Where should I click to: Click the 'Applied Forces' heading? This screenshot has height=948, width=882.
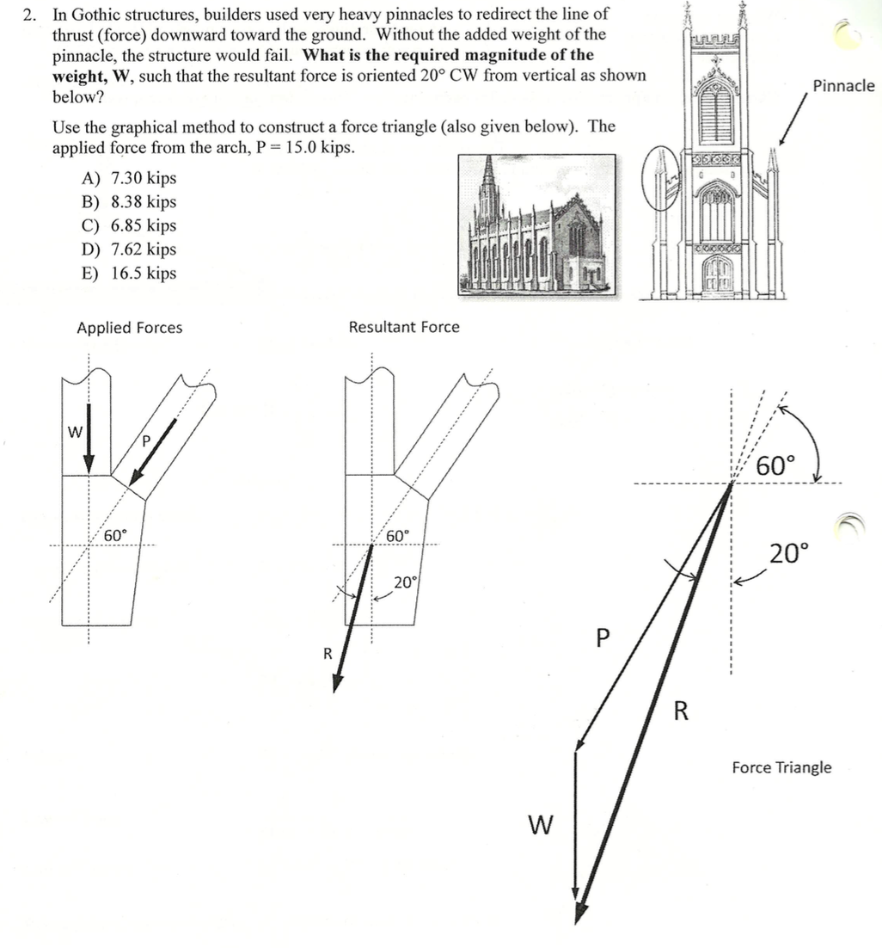tap(130, 328)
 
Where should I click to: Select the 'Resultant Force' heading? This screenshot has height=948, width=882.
tap(403, 327)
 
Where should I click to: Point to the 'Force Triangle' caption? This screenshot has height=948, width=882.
tap(781, 766)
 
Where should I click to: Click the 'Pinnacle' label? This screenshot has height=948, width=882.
tap(843, 86)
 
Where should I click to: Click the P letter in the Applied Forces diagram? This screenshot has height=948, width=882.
tap(146, 440)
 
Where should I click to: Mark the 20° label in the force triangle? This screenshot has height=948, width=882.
tap(789, 552)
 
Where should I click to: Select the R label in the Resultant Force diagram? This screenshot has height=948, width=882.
tap(327, 653)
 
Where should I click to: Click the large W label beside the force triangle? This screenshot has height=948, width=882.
tap(538, 826)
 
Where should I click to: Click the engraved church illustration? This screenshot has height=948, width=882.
tap(536, 226)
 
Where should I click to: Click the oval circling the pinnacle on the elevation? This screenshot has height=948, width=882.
tap(661, 182)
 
